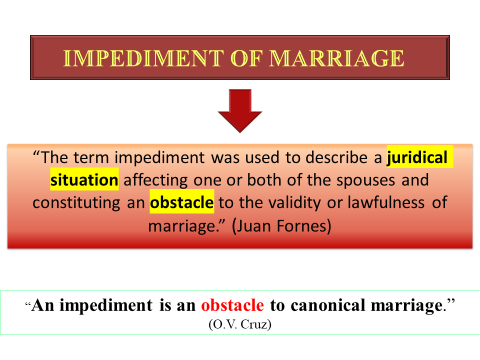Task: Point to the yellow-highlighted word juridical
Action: click(x=417, y=157)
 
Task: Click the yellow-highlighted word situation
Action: click(x=84, y=179)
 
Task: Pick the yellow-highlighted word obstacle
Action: click(x=182, y=202)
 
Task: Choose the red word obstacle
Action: click(x=232, y=305)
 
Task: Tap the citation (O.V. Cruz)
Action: click(x=240, y=324)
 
